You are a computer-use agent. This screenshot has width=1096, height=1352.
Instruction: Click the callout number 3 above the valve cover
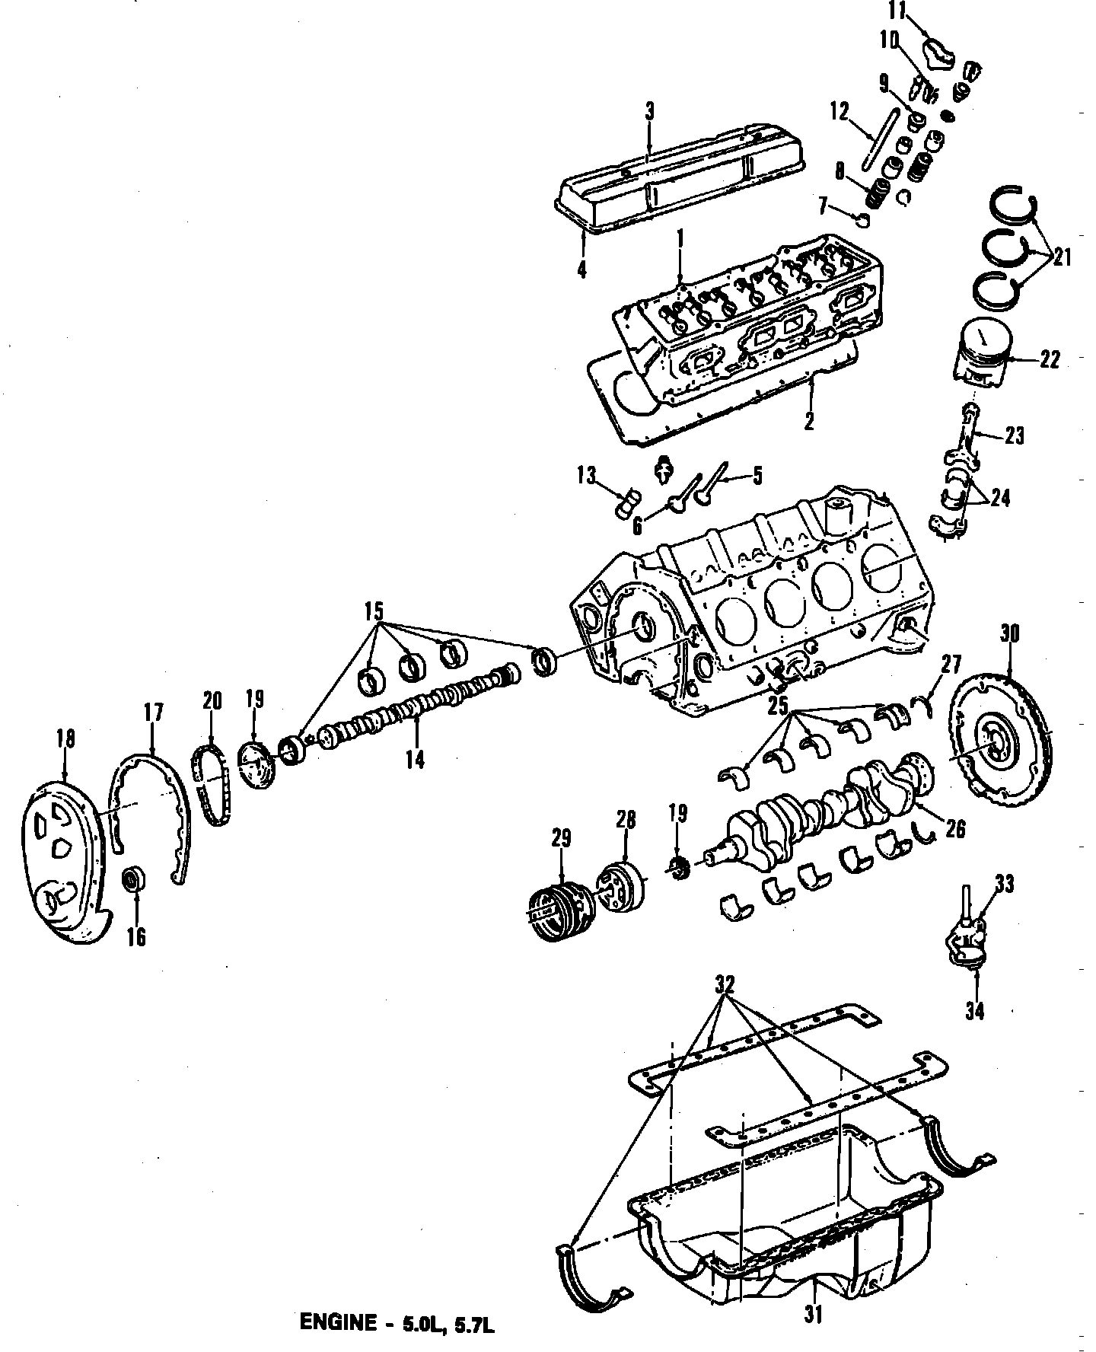click(649, 111)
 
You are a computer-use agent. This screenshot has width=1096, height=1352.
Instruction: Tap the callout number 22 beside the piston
click(1050, 359)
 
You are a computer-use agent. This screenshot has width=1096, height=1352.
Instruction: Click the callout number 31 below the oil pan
click(813, 1315)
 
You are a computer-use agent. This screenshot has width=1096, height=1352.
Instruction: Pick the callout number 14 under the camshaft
click(415, 759)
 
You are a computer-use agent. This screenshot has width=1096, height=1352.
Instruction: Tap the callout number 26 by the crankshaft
click(956, 828)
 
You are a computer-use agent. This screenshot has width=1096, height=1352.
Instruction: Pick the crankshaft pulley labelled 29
click(559, 910)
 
